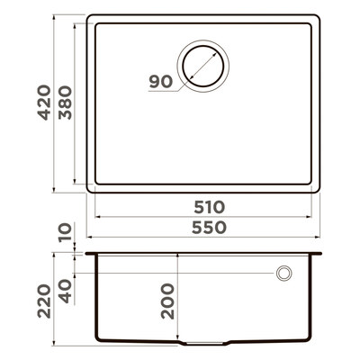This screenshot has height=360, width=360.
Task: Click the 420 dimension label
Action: (44, 103)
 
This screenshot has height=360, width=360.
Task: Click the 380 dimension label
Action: (65, 103)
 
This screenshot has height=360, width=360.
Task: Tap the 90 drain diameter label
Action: (161, 82)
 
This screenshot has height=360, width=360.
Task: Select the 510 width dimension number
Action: (209, 207)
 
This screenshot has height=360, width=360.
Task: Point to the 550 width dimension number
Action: (209, 228)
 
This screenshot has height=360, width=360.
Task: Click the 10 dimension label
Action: (66, 232)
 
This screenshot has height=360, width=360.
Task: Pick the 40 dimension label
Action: (66, 291)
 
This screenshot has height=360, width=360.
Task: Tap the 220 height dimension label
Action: (44, 301)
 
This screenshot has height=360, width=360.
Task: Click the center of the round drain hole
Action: (203, 66)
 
